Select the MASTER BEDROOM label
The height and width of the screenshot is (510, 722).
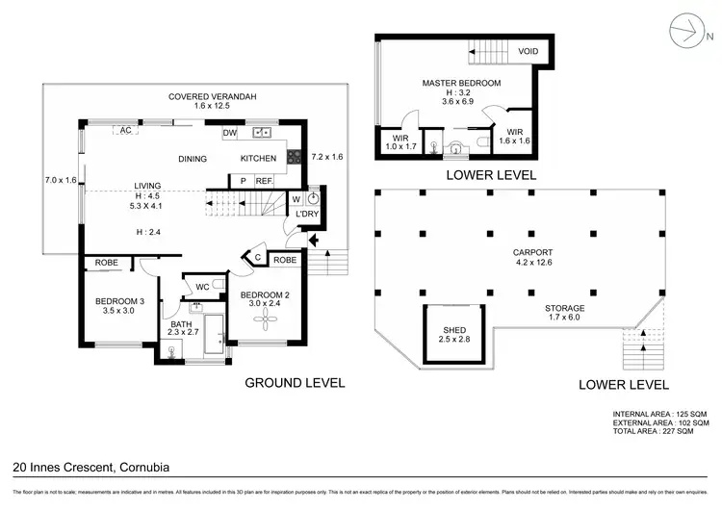point(461,84)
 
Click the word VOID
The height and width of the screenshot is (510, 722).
point(529,52)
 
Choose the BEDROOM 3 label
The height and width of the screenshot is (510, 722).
point(119,302)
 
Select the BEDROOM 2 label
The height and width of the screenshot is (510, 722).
point(263,294)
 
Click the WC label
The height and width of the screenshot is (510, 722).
point(203,286)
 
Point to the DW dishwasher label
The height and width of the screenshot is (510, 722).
point(229,133)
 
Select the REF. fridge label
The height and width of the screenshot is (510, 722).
point(264,181)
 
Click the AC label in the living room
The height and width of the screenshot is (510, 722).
point(124,130)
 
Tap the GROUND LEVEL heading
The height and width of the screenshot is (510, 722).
point(295,382)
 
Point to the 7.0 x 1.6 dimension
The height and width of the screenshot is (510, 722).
point(60,180)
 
